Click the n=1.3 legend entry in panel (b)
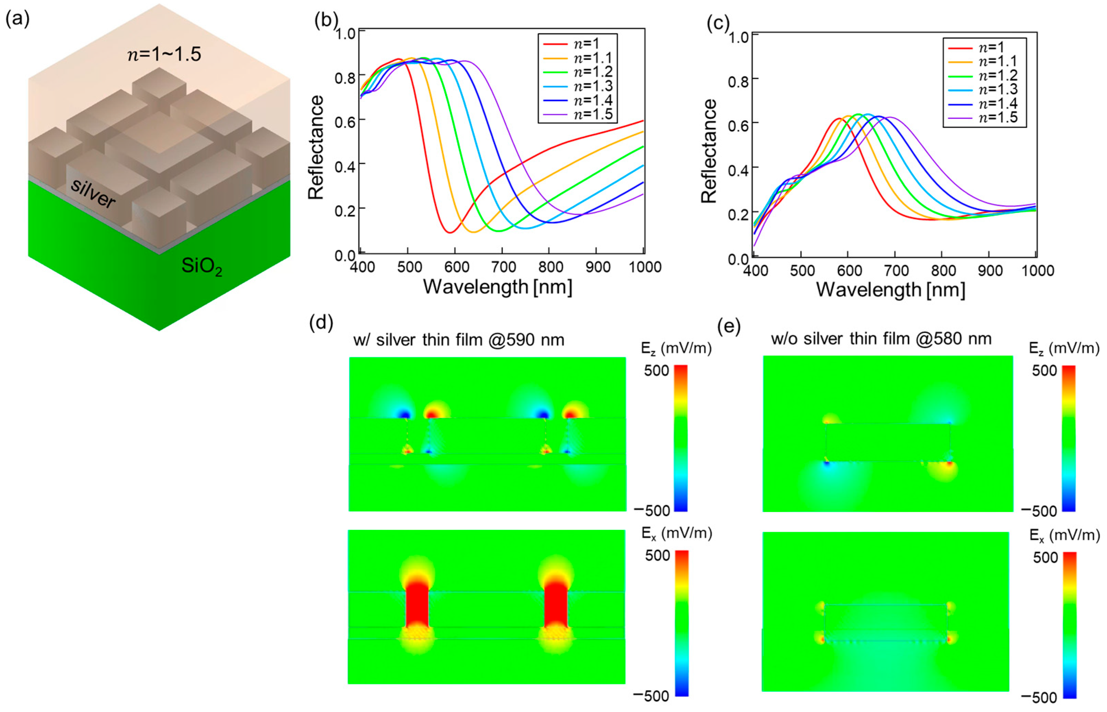coord(593,86)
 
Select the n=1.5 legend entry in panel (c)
coord(998,118)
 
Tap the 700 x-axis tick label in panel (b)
coord(503,267)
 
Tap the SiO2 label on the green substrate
coord(201,266)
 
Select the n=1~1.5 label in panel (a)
coord(164,54)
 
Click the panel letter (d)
coord(321,322)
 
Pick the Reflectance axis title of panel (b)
coord(316,147)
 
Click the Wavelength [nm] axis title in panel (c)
coord(890,290)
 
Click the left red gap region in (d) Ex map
coord(417,609)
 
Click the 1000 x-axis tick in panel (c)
coord(1037,270)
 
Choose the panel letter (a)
coord(17,20)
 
